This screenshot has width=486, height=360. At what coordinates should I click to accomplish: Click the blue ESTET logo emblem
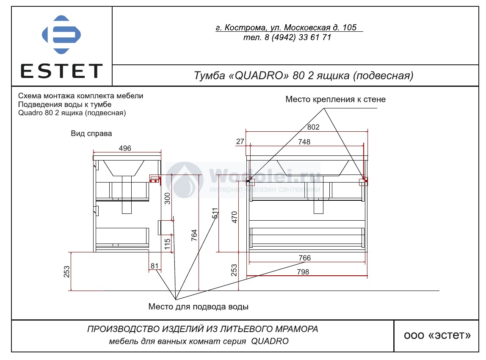(x=61, y=34)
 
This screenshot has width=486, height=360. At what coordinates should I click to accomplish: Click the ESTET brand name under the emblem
(x=61, y=71)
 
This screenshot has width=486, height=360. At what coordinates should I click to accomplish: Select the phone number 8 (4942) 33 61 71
(x=298, y=38)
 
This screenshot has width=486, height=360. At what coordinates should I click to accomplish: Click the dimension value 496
(x=125, y=148)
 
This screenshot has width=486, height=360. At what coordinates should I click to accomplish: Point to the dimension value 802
(x=313, y=127)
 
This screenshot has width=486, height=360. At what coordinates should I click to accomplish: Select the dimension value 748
(x=304, y=142)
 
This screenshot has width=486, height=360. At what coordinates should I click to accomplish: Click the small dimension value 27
(x=240, y=141)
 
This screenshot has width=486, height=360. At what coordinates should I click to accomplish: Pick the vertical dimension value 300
(x=167, y=199)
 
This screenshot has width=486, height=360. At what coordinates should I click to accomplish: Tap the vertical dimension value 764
(x=194, y=235)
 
